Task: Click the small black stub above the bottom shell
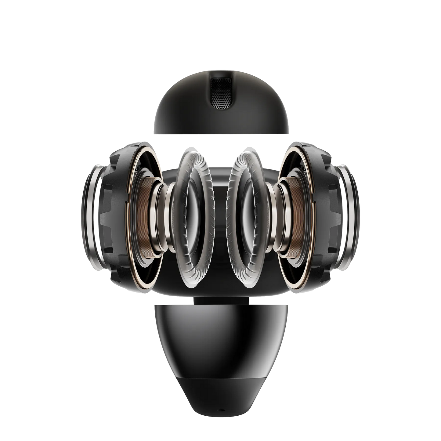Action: (x=220, y=301)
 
